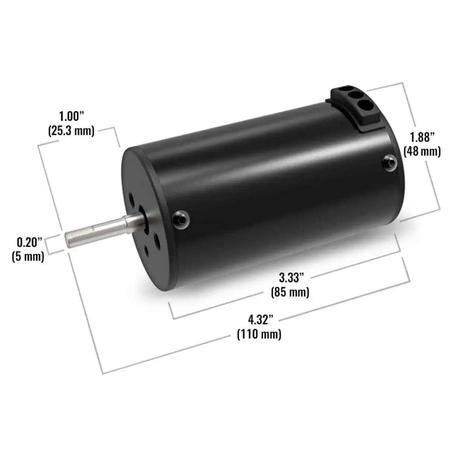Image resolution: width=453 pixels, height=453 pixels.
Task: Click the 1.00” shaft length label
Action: pyautogui.click(x=71, y=116)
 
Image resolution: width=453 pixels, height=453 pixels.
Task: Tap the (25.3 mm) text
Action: pyautogui.click(x=71, y=131)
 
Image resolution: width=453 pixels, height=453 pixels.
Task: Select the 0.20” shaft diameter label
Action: pyautogui.click(x=29, y=242)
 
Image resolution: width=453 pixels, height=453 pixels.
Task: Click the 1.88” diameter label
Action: pyautogui.click(x=422, y=137)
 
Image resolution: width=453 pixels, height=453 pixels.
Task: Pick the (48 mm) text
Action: pyautogui.click(x=422, y=151)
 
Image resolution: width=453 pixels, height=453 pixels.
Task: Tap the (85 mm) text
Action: pyautogui.click(x=290, y=292)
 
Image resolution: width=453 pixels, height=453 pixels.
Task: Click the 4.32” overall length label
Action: pyautogui.click(x=261, y=320)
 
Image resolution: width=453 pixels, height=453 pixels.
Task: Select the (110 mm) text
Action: pyautogui.click(x=259, y=334)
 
